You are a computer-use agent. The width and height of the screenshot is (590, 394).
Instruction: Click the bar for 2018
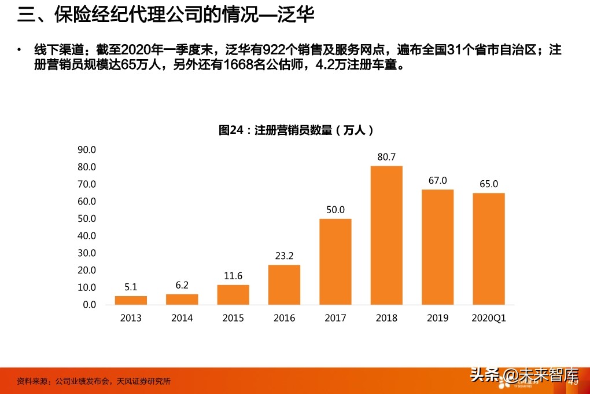[386, 235]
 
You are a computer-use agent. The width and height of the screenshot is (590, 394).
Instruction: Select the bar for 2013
[131, 300]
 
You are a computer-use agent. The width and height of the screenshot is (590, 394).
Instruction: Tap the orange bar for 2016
[284, 284]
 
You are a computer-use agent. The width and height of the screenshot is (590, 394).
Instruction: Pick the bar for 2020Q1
[489, 249]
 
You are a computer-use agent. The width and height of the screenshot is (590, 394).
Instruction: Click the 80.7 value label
[386, 157]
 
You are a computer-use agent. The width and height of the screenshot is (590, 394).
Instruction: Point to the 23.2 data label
[284, 256]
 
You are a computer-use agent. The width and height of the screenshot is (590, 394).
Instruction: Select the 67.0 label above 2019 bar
[437, 181]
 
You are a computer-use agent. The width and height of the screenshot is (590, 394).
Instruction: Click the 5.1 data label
[131, 286]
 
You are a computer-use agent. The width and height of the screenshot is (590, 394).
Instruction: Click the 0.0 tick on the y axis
[89, 305]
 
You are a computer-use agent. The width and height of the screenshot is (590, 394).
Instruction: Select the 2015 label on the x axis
[233, 318]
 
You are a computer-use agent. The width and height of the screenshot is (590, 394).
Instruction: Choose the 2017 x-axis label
[335, 318]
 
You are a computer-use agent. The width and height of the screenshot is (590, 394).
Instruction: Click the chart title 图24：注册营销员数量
[300, 130]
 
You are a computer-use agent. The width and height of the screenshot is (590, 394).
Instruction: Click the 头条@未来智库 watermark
[523, 377]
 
